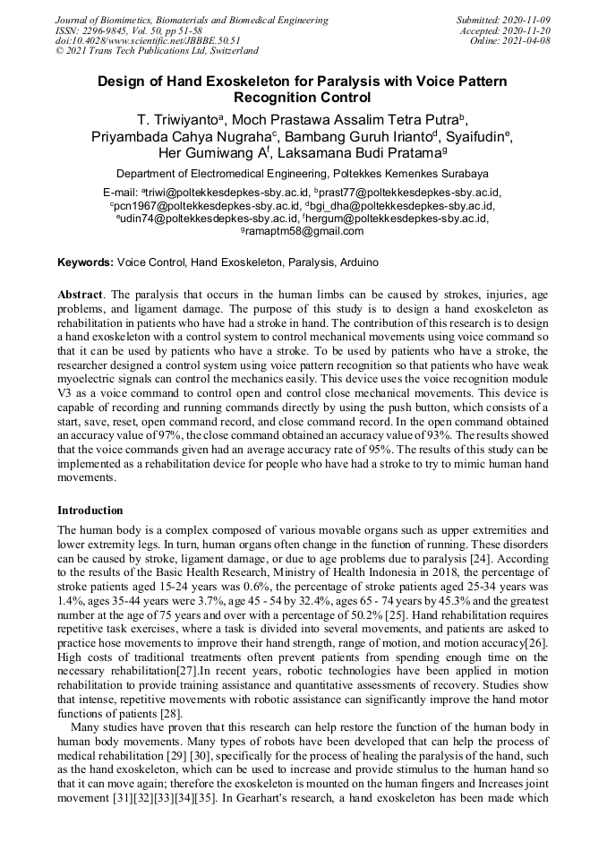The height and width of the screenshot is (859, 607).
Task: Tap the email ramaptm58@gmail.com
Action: point(304,231)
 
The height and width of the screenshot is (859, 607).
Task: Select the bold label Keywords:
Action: point(85,262)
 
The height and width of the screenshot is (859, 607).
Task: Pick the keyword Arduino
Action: point(362,262)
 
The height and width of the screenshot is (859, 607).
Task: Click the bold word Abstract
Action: point(81,294)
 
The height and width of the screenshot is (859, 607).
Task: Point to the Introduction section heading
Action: point(90,511)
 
